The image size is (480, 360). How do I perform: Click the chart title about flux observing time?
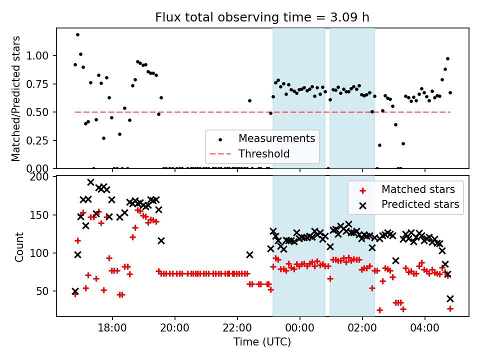pos(262,17)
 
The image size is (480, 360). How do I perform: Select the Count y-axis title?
pos(19,246)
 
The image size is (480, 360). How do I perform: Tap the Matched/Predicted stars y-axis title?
pos(16,98)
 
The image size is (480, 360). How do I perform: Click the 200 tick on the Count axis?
pos(44,177)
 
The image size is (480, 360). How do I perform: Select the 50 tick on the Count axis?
pos(47,291)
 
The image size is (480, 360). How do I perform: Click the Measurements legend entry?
pos(276,138)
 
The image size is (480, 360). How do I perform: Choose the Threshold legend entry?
pos(264,153)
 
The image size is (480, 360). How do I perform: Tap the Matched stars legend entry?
pos(418,189)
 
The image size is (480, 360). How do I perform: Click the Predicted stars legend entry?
pos(420,204)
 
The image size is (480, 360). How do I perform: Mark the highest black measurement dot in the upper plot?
pos(77,34)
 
